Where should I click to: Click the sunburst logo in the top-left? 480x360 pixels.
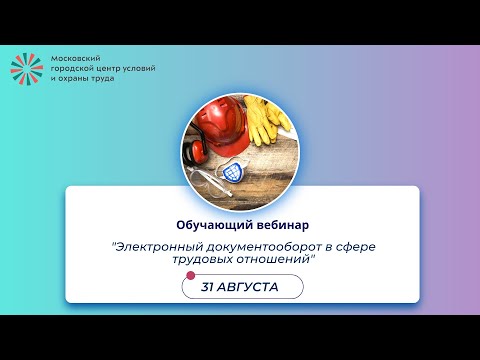(28, 68)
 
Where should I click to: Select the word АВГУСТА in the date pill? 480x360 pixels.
(250, 287)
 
